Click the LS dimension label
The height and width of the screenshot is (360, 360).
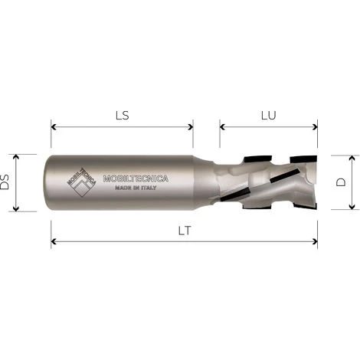tap(121, 116)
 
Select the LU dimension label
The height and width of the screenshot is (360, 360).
tap(268, 116)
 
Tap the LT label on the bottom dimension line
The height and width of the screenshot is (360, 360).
tap(185, 231)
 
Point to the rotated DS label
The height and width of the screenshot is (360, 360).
tap(6, 182)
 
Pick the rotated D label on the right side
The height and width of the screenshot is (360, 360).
tap(342, 182)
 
